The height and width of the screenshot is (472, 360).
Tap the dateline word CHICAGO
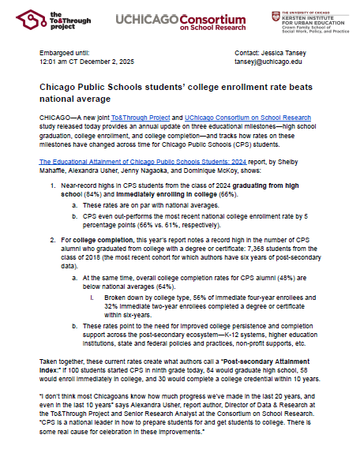pyautogui.click(x=56, y=117)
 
